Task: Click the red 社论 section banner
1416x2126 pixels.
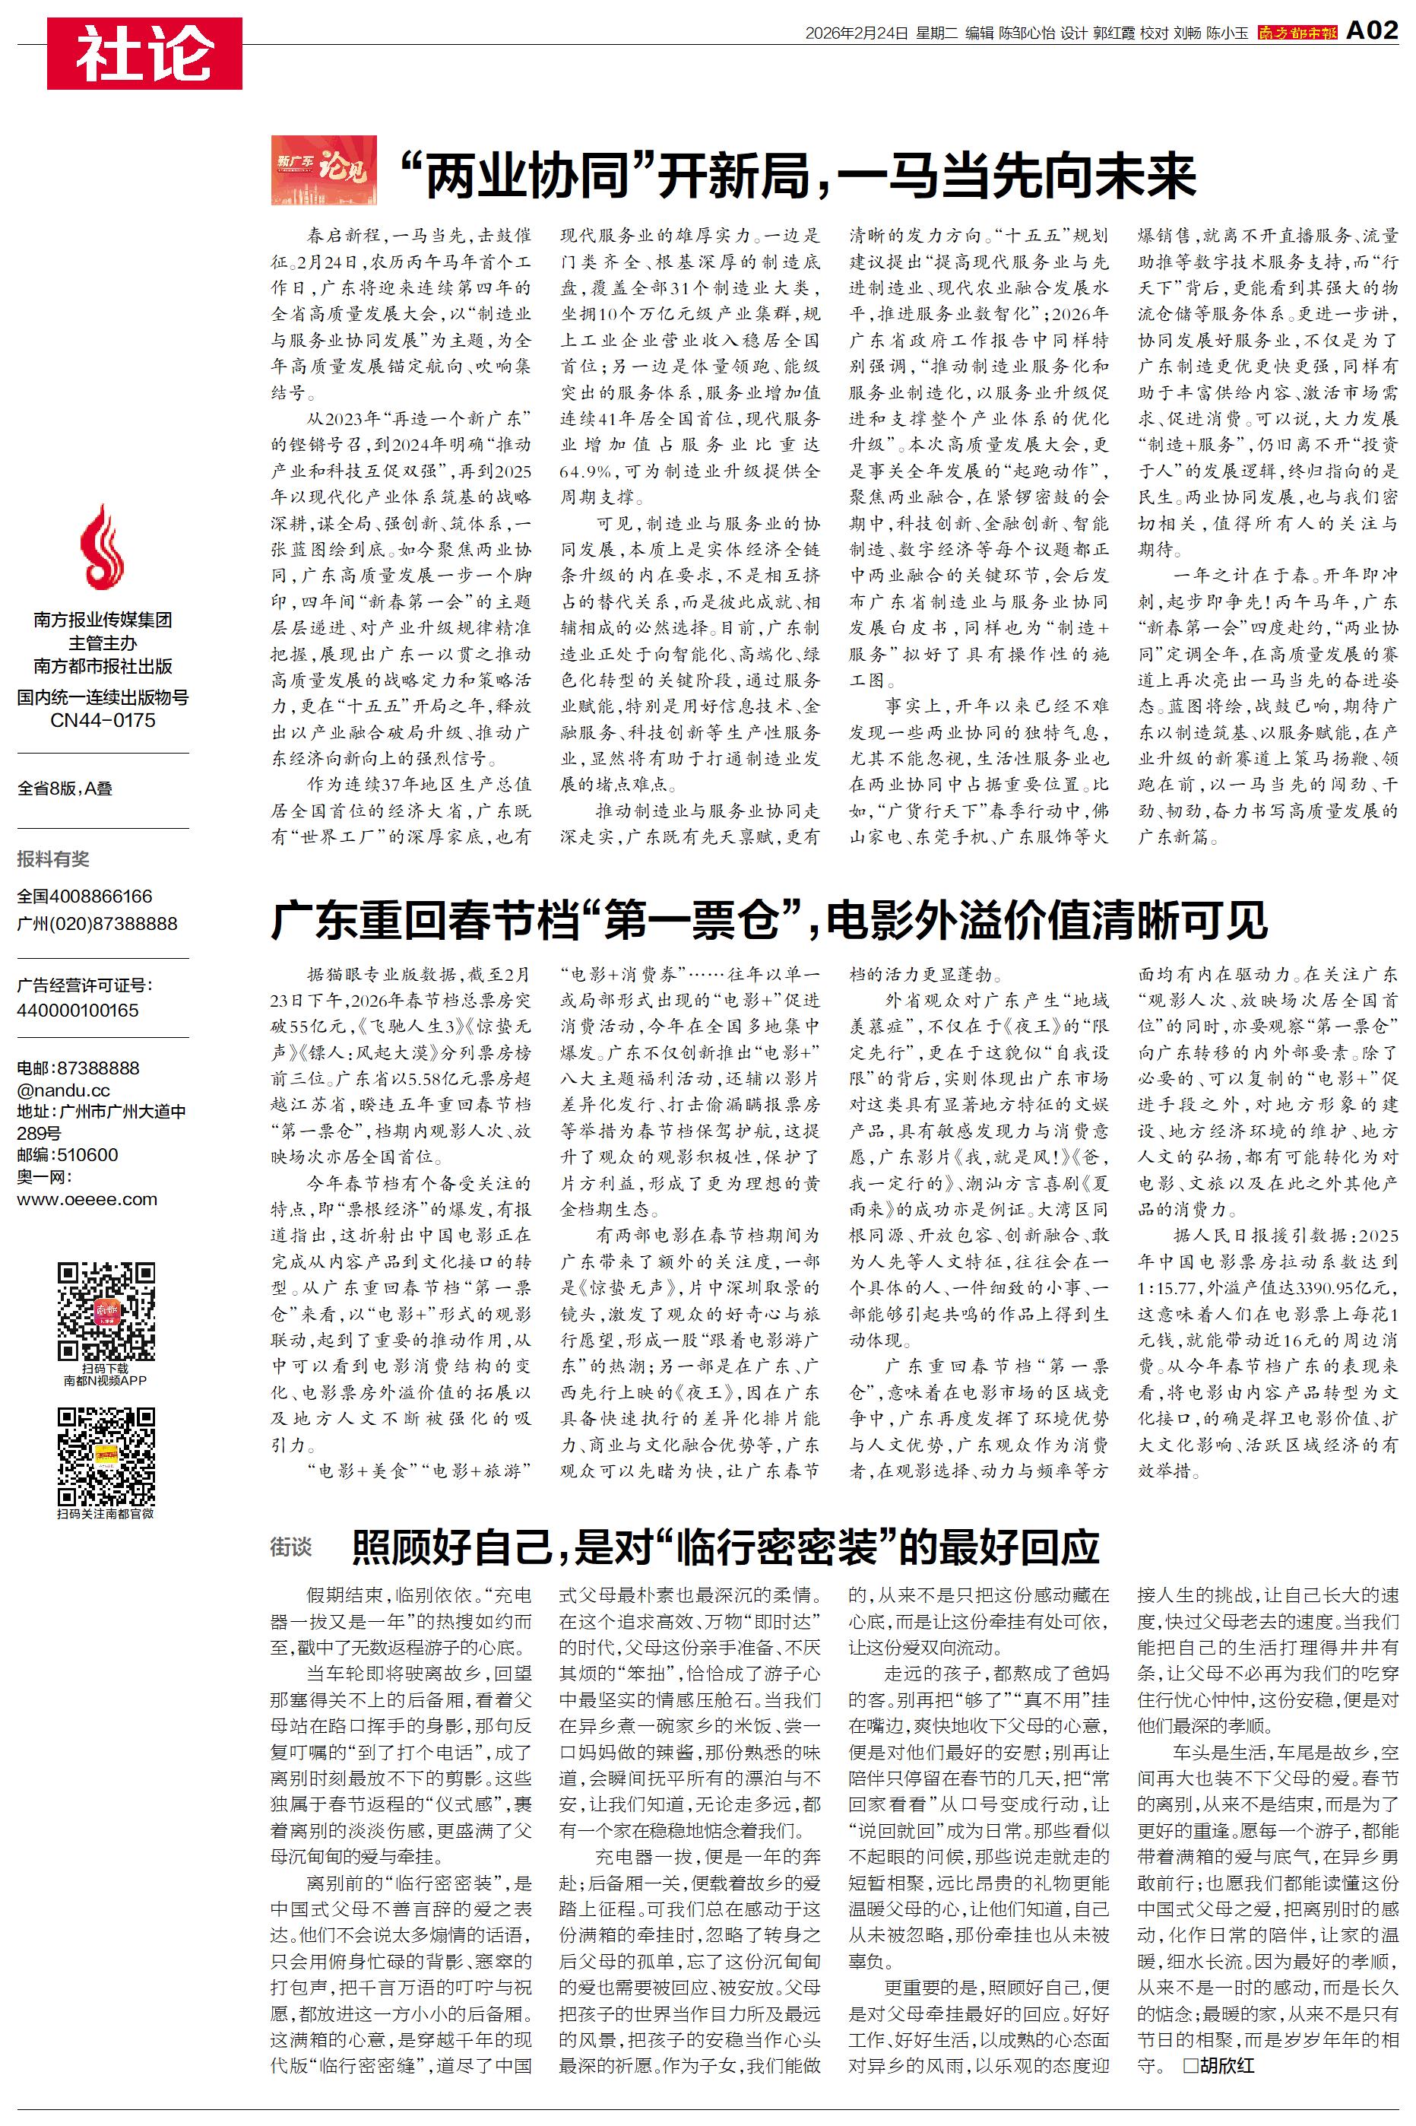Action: [x=144, y=53]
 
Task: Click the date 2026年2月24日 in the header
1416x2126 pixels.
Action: [x=856, y=33]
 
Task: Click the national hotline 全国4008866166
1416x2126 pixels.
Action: [x=85, y=896]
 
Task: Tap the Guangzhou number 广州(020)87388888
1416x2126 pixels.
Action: [x=97, y=923]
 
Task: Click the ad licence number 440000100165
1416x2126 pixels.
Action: [x=78, y=1010]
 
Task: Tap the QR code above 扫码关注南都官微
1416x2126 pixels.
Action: [x=106, y=1456]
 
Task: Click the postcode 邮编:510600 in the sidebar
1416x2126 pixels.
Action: [x=67, y=1154]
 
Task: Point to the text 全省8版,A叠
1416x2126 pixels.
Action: [x=65, y=789]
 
